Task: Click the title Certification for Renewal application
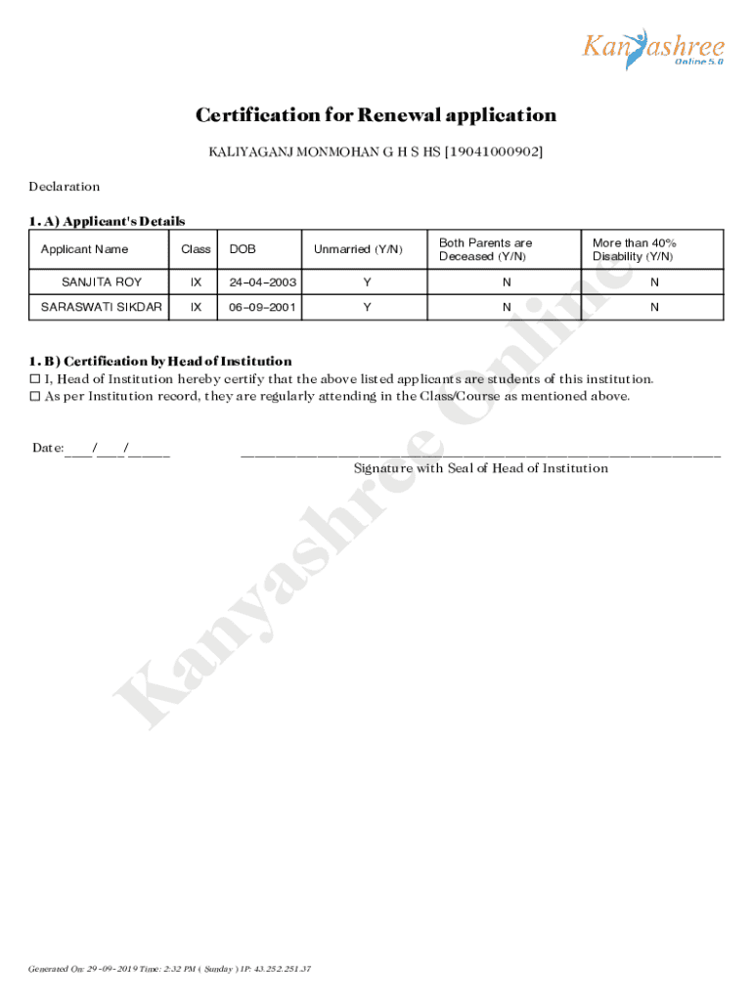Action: coord(376,115)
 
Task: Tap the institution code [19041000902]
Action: coord(494,152)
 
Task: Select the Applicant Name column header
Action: coord(84,249)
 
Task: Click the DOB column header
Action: coord(243,249)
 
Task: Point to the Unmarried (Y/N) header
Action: coord(358,249)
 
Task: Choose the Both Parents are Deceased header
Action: coord(486,249)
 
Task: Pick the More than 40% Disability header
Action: coord(635,249)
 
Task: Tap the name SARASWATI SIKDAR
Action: coord(102,306)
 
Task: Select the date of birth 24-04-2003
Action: coord(262,282)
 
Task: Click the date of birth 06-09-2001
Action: coord(262,306)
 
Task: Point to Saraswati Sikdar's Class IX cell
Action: coord(197,306)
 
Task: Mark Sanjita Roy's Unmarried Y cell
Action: coord(367,282)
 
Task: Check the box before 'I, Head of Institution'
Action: coord(35,379)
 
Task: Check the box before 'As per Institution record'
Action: coord(35,397)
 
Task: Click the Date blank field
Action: coord(117,449)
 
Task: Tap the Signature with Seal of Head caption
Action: coord(481,468)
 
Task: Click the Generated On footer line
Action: coord(170,969)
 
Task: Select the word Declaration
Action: coord(65,187)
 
